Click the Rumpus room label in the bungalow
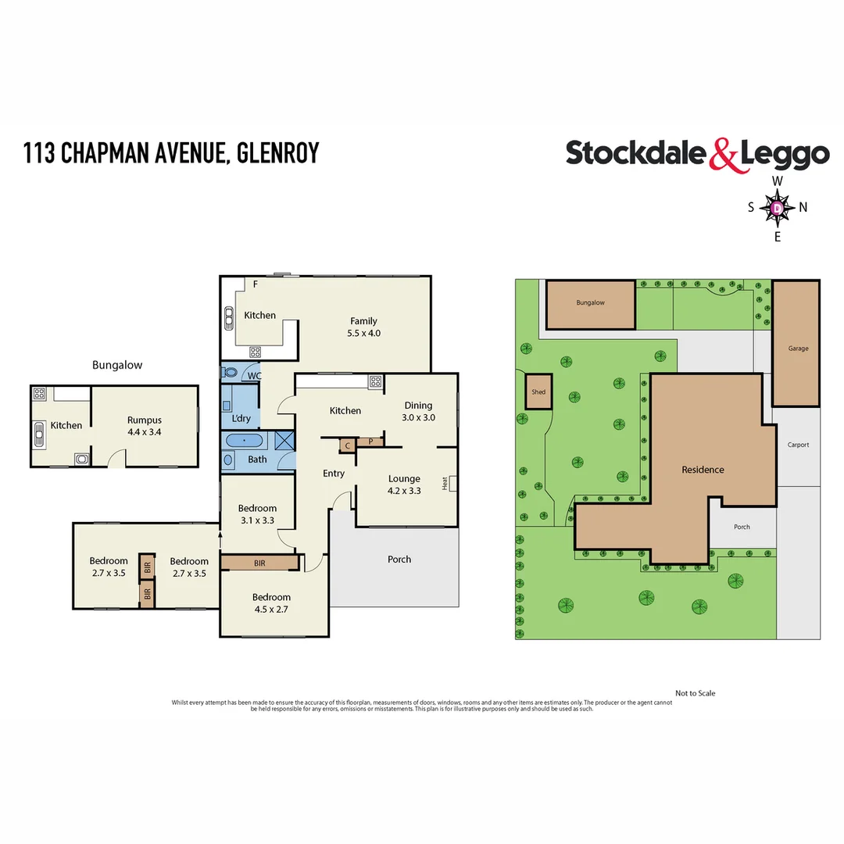click(144, 426)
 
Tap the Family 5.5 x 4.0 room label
click(363, 327)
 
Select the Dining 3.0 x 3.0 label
click(418, 411)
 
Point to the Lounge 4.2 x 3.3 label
click(404, 485)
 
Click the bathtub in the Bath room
click(245, 441)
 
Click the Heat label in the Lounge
click(445, 484)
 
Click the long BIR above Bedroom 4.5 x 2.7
click(259, 562)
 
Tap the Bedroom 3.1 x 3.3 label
click(257, 513)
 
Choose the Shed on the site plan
click(538, 392)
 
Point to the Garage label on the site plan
click(798, 349)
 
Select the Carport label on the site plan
click(798, 445)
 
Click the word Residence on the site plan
click(703, 470)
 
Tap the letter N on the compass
click(803, 207)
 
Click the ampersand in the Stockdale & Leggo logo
click(724, 154)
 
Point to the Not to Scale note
click(695, 693)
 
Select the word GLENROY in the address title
click(277, 152)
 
